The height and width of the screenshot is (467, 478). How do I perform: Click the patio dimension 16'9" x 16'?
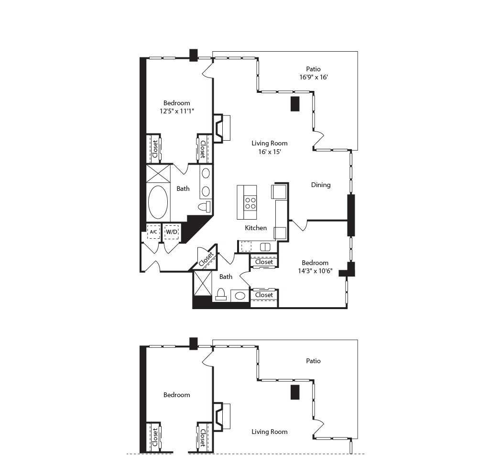(x=314, y=77)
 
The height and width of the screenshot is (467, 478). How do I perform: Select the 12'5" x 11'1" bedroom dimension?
(x=176, y=111)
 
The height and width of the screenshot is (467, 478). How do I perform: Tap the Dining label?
(x=321, y=185)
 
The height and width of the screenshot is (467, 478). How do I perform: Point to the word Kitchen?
(x=256, y=228)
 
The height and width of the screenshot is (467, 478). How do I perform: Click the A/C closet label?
(x=153, y=232)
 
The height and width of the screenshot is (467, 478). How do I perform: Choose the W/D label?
(x=171, y=232)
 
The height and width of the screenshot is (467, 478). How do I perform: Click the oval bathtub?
(x=158, y=202)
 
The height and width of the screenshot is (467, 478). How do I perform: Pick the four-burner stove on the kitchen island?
(x=250, y=203)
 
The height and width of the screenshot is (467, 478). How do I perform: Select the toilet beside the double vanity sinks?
(x=204, y=207)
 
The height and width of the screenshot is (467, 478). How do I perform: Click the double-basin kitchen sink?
(x=265, y=247)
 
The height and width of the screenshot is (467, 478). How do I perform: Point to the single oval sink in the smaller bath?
(x=239, y=296)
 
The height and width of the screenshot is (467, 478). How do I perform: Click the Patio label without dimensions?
(x=314, y=361)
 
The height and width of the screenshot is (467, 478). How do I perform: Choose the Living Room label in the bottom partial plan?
(x=270, y=432)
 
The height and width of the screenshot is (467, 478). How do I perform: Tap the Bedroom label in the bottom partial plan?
(x=176, y=395)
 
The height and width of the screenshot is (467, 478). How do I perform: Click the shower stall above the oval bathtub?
(x=158, y=173)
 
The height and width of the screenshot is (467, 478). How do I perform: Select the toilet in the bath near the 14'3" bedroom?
(x=221, y=294)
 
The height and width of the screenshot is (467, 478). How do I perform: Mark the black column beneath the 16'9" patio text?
(x=295, y=104)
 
